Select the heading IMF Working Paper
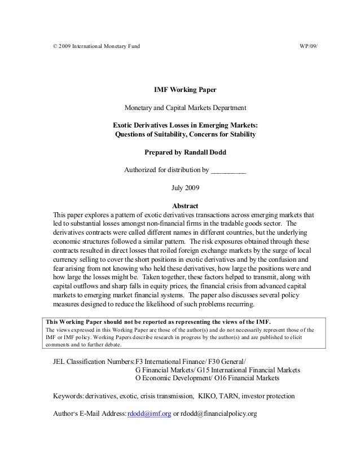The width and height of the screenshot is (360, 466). (185, 90)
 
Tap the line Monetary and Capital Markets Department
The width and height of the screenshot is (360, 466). (185, 108)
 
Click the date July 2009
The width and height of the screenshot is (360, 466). (185, 188)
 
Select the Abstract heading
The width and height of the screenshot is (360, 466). (185, 206)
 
